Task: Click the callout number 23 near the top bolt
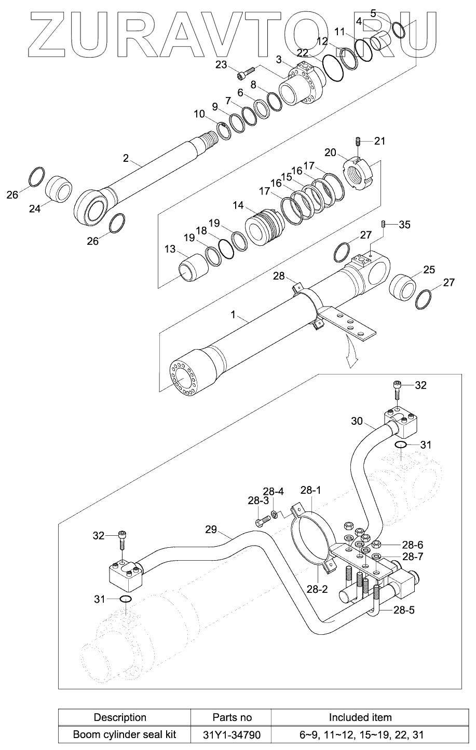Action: pyautogui.click(x=221, y=64)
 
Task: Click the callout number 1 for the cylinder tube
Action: pyautogui.click(x=233, y=314)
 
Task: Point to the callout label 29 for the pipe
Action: pyautogui.click(x=210, y=530)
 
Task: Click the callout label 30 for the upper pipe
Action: pyautogui.click(x=357, y=421)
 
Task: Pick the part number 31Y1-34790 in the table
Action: pyautogui.click(x=232, y=734)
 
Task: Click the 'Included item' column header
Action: pyautogui.click(x=360, y=718)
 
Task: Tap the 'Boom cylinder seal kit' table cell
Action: pyautogui.click(x=125, y=734)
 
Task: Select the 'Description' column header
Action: pyautogui.click(x=119, y=718)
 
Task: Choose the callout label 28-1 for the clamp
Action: pyautogui.click(x=311, y=490)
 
